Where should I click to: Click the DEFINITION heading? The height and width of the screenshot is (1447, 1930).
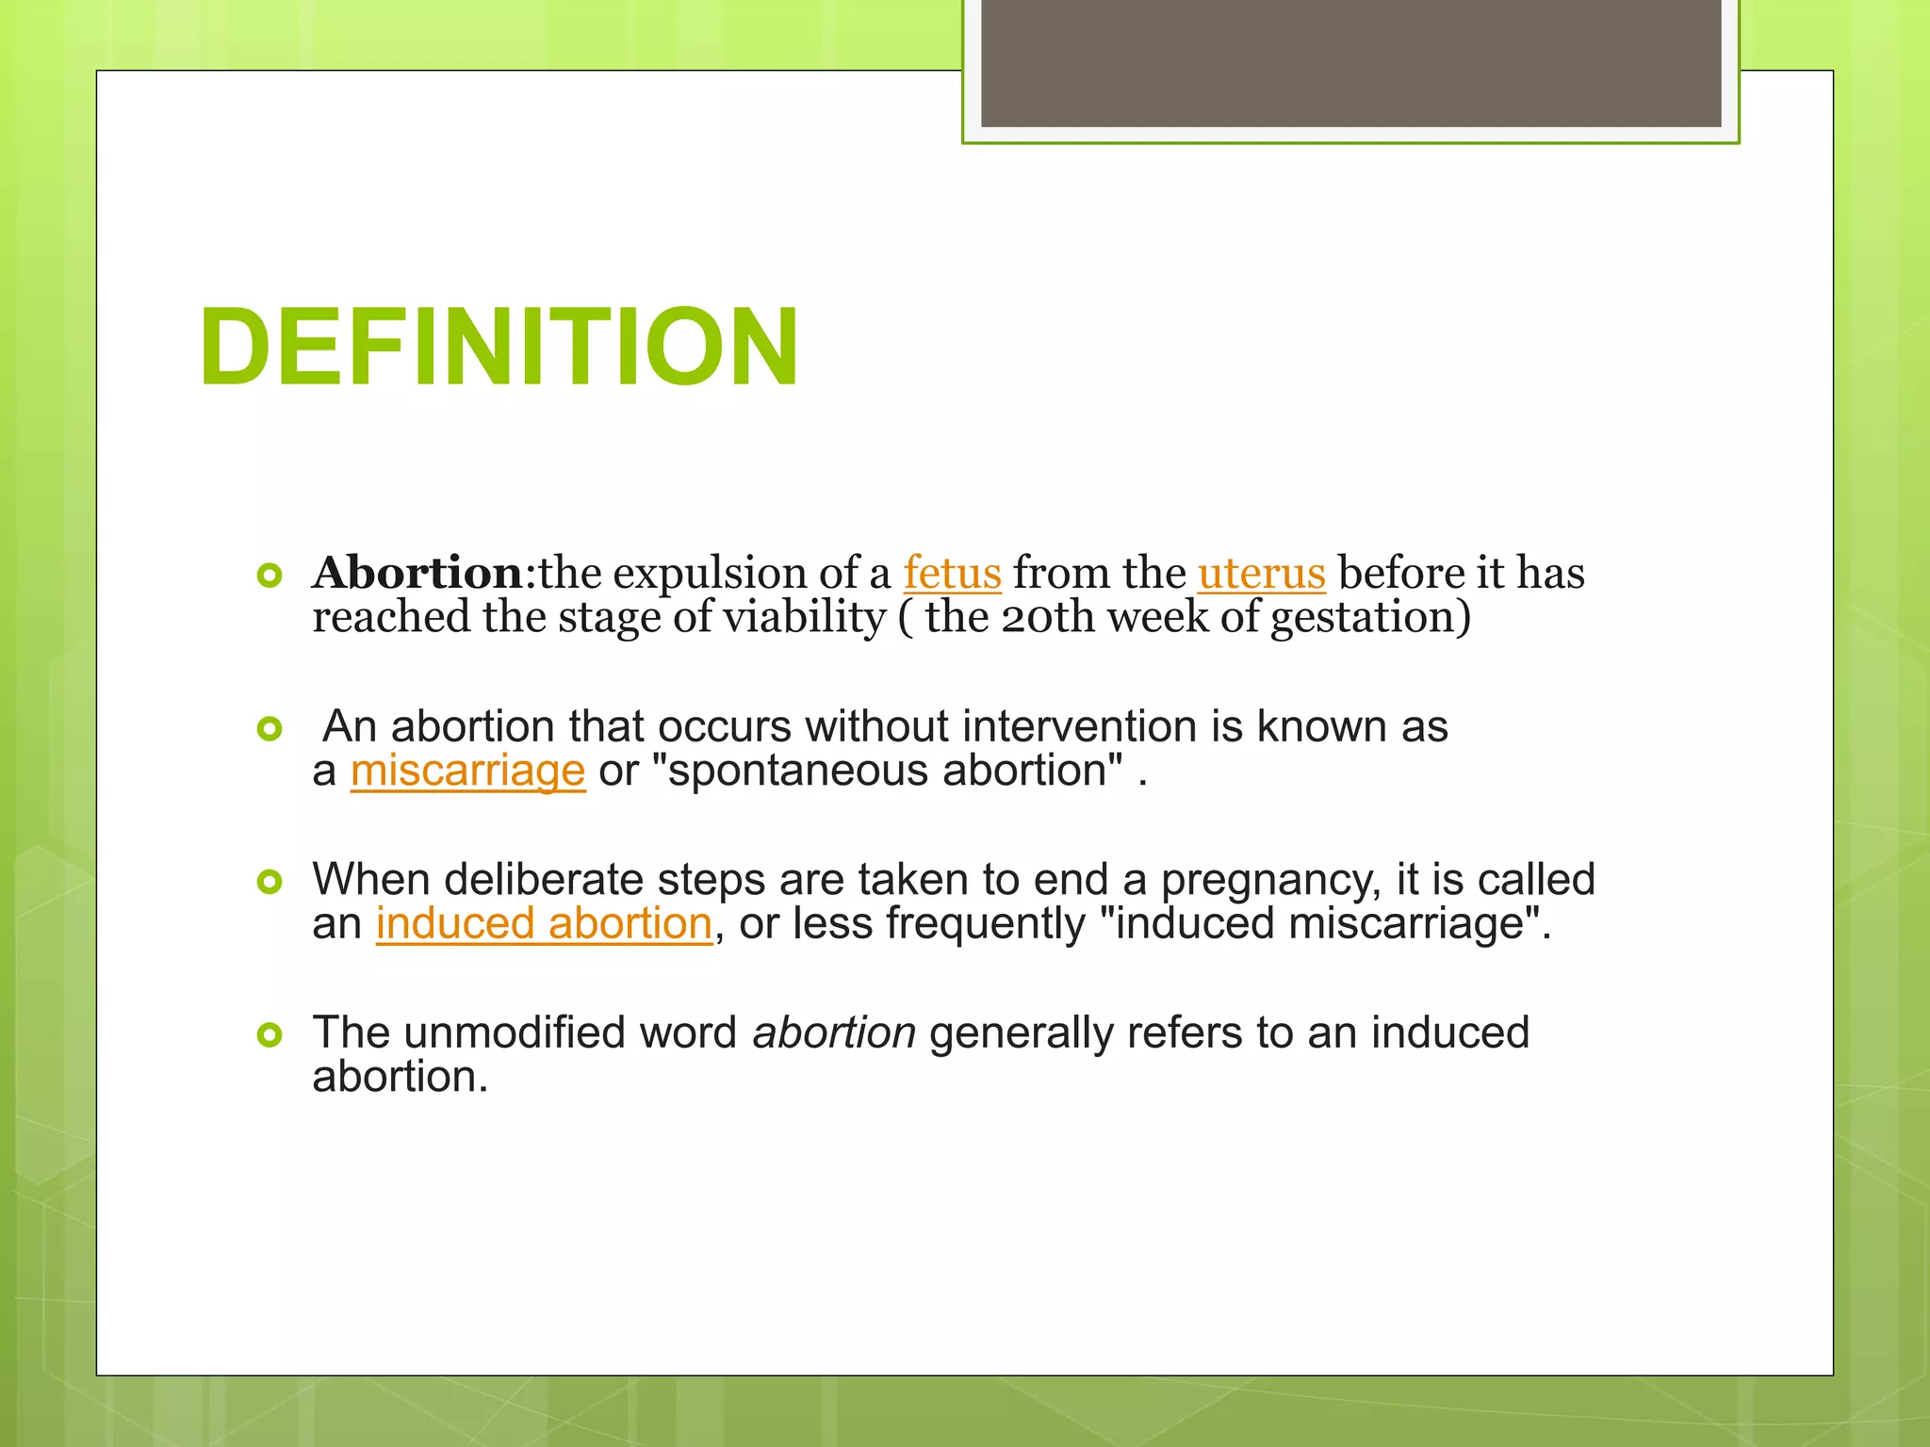pyautogui.click(x=499, y=347)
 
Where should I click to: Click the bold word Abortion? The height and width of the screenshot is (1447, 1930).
pyautogui.click(x=417, y=573)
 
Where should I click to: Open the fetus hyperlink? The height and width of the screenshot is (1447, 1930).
pyautogui.click(x=952, y=573)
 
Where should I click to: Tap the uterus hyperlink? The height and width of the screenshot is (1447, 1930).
pyautogui.click(x=1261, y=573)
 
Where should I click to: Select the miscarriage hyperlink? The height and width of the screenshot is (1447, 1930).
pyautogui.click(x=467, y=771)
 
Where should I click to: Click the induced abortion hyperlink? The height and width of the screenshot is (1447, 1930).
pyautogui.click(x=544, y=923)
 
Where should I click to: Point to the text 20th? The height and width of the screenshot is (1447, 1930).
pyautogui.click(x=1048, y=618)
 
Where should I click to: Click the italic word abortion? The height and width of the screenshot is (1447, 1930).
pyautogui.click(x=833, y=1032)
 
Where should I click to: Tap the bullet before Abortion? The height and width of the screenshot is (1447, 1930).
pyautogui.click(x=270, y=575)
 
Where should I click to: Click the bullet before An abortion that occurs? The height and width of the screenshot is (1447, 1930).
pyautogui.click(x=270, y=728)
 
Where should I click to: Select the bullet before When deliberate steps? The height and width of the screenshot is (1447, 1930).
pyautogui.click(x=270, y=882)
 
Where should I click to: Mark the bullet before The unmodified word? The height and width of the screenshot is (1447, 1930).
pyautogui.click(x=270, y=1035)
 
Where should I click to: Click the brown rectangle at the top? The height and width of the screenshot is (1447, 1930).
pyautogui.click(x=1350, y=62)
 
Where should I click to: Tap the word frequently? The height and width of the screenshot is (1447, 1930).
pyautogui.click(x=985, y=923)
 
